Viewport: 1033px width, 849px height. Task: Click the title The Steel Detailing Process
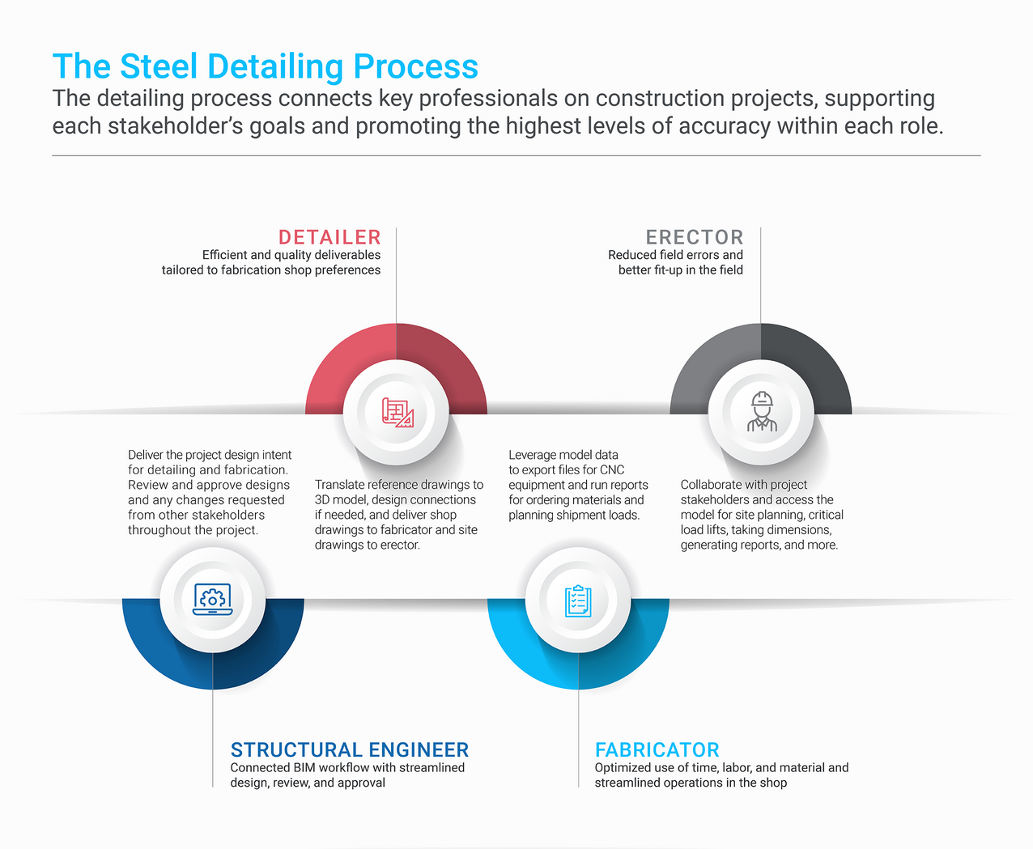tap(265, 66)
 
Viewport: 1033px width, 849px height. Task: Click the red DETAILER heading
tap(329, 237)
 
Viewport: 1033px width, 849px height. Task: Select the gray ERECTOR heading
tap(694, 237)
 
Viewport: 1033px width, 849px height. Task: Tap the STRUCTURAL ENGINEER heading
tap(349, 749)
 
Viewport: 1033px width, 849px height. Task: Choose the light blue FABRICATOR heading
tap(657, 749)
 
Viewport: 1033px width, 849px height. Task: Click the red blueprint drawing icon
tap(397, 413)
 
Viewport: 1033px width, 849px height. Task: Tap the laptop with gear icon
tap(212, 600)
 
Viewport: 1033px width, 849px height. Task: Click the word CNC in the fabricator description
tap(612, 470)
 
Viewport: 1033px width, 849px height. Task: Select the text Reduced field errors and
tap(675, 255)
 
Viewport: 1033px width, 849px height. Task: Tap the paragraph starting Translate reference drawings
tap(398, 515)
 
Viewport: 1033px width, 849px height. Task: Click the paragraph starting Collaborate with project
tap(761, 515)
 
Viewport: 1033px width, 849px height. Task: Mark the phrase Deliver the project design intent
tap(210, 455)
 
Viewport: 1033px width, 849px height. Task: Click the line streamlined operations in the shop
tap(691, 783)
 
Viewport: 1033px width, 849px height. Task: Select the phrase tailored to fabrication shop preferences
tap(270, 270)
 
